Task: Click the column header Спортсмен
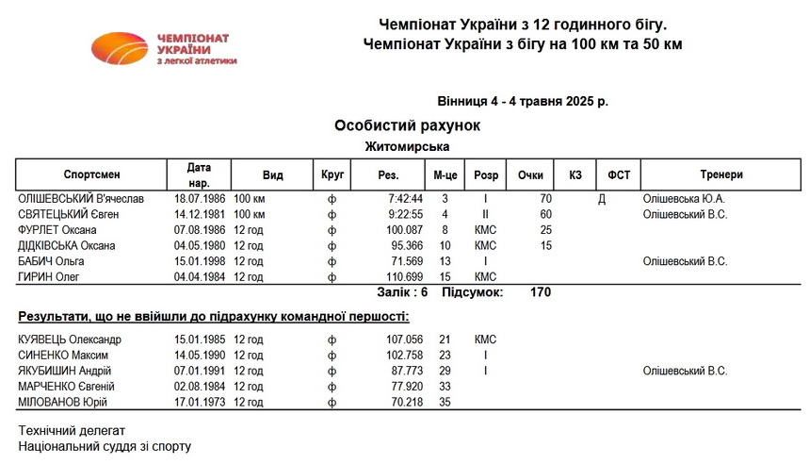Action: coord(91,174)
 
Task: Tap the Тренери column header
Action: coord(720,174)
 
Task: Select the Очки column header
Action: coord(530,174)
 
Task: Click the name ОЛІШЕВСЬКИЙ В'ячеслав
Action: coord(81,200)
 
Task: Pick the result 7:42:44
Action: coord(405,200)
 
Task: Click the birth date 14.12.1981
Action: coord(199,215)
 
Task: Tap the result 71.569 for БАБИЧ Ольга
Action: coord(407,261)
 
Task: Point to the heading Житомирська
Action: coord(407,146)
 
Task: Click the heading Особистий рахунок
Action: coord(407,125)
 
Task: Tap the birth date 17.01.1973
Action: coord(199,402)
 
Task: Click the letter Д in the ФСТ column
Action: coord(602,200)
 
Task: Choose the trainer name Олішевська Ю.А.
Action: coord(684,200)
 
